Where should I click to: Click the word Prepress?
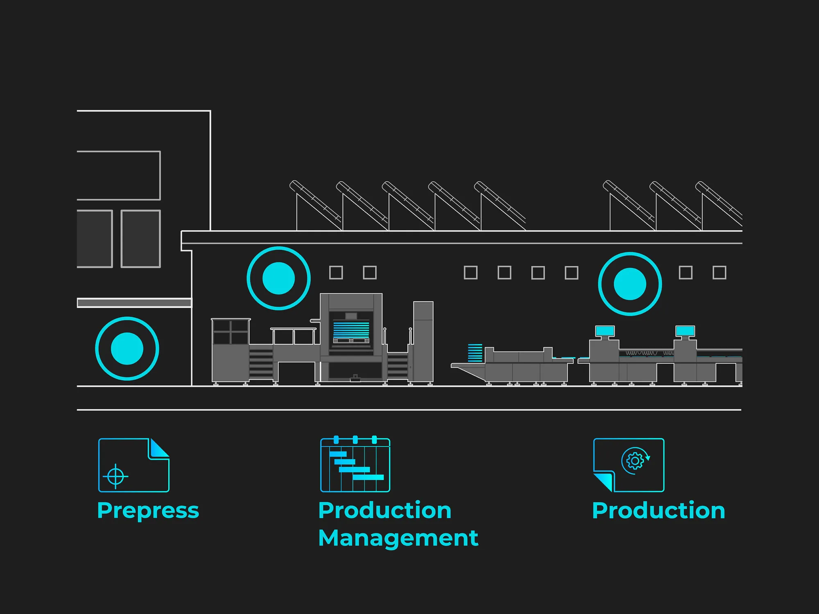click(x=148, y=510)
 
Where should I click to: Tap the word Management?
click(x=398, y=538)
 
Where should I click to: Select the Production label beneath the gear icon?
click(x=658, y=510)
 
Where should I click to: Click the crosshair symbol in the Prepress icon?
click(x=115, y=476)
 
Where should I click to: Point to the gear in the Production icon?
click(x=635, y=461)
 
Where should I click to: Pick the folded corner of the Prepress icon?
click(x=159, y=449)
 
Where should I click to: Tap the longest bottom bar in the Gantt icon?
click(x=368, y=477)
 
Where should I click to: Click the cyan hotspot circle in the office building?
click(x=127, y=349)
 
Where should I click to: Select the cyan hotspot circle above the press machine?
click(x=278, y=278)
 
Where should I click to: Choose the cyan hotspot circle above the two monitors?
click(x=630, y=284)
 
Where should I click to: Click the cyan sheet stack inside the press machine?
click(x=351, y=330)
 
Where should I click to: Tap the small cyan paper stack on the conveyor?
click(x=475, y=353)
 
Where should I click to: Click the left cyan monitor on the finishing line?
click(x=605, y=331)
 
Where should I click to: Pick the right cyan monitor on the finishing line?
click(x=685, y=331)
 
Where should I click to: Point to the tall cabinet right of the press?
click(x=423, y=342)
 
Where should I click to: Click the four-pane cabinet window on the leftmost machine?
click(x=231, y=332)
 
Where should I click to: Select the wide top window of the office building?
click(x=118, y=176)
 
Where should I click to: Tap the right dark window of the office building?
click(x=140, y=239)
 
